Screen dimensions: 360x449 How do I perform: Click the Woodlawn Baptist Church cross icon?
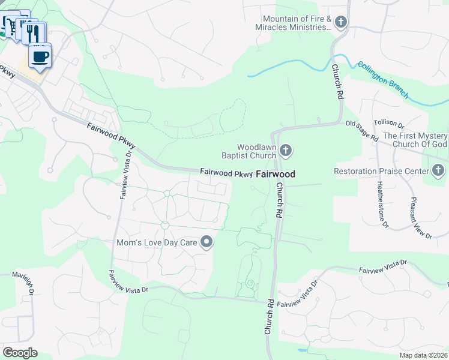(286, 151)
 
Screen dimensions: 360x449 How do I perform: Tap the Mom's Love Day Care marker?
(207, 242)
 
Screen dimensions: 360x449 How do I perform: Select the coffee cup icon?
(40, 56)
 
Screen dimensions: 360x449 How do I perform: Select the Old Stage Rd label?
(362, 131)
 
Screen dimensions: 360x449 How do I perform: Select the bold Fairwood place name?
(276, 175)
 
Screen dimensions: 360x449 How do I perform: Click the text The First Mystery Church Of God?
(415, 140)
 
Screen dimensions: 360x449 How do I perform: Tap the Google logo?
(20, 353)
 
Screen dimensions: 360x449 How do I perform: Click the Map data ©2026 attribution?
(423, 355)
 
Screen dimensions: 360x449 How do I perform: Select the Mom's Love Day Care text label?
(157, 243)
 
